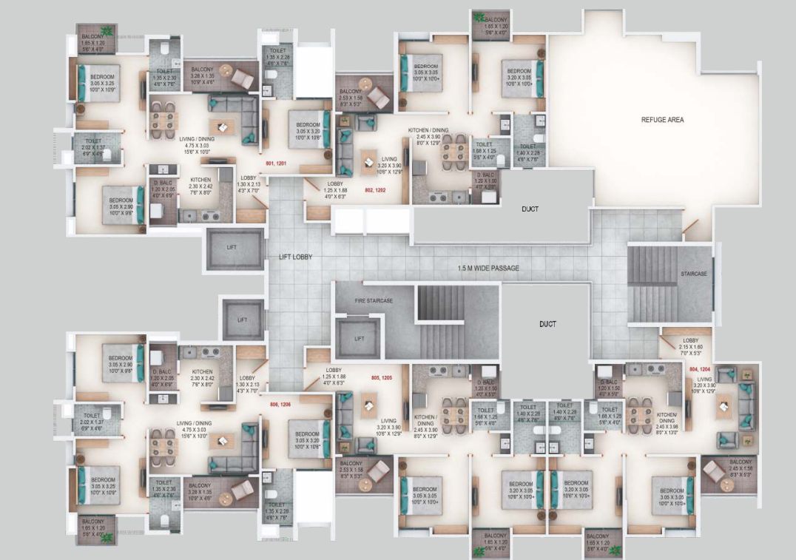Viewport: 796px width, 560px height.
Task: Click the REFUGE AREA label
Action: pos(661,119)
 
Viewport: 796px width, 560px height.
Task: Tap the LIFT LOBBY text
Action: pos(295,257)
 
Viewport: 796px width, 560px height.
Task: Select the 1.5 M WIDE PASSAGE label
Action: pos(488,267)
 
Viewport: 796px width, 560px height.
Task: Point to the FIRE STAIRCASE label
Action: pos(373,300)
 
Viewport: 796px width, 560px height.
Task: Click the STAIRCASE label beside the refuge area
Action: pos(693,274)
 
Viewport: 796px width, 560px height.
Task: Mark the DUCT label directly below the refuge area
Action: pos(530,209)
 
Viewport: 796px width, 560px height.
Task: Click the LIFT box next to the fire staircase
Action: pos(359,338)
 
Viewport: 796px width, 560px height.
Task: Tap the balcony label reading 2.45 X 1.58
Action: pos(739,468)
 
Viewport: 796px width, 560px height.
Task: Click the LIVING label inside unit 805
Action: pos(388,422)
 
